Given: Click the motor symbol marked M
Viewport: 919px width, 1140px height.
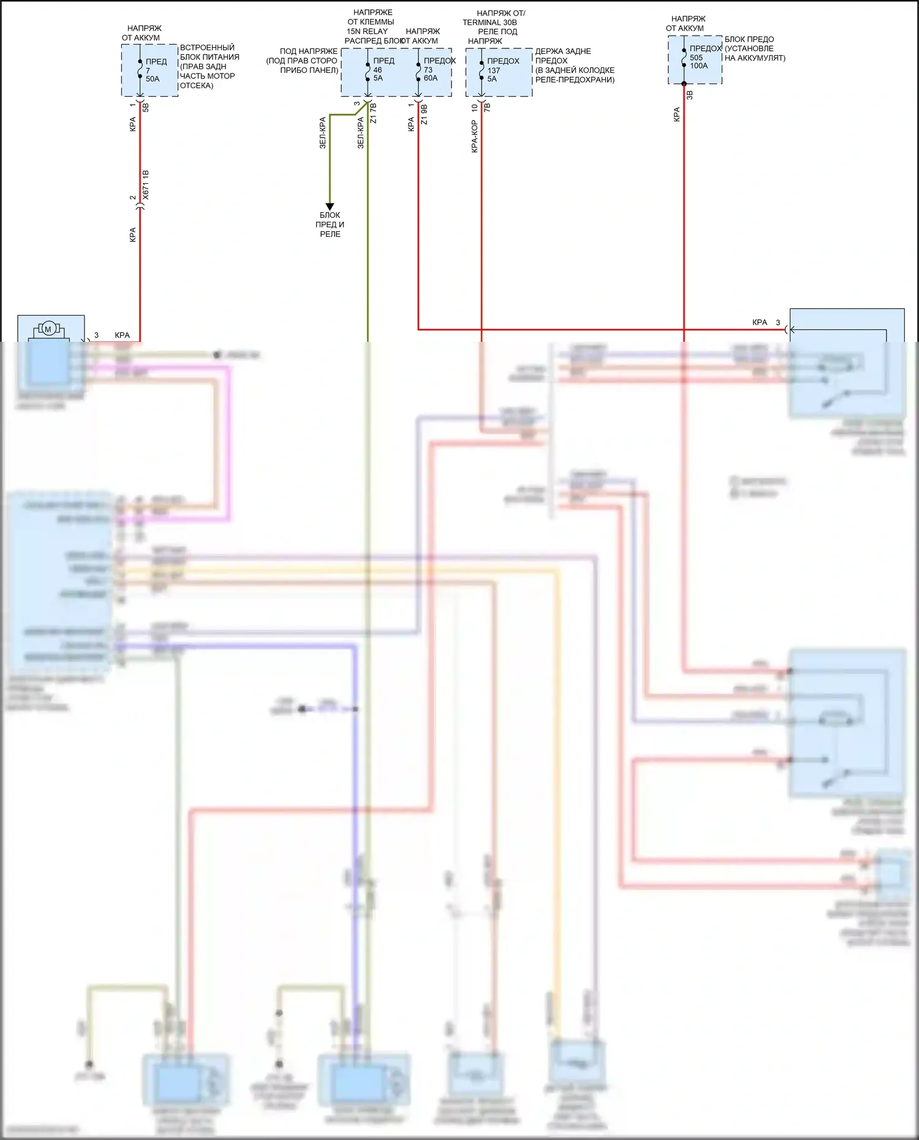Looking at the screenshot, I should (x=48, y=330).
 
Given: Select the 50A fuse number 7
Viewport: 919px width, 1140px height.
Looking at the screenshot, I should (x=140, y=70).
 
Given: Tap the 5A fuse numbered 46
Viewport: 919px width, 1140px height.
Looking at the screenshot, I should (x=368, y=70).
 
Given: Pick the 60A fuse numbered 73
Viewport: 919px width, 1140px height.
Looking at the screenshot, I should (x=418, y=70).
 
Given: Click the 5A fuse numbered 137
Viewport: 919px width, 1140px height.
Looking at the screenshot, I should (x=482, y=70).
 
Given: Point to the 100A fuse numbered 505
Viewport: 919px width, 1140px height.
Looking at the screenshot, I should (x=684, y=58).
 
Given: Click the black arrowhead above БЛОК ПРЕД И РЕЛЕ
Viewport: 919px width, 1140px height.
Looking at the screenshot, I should (x=330, y=206).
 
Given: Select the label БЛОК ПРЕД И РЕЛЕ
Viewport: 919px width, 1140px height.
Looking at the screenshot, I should (x=330, y=224).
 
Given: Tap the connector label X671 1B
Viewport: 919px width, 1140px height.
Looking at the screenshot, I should (x=146, y=185).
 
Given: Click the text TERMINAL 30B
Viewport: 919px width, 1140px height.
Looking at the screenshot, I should (x=490, y=23).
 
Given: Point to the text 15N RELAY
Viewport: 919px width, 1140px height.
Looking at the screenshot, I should (x=368, y=31).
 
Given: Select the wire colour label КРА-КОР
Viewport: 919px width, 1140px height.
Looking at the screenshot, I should (x=475, y=136).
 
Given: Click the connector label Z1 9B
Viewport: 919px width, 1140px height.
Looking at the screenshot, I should (x=425, y=114).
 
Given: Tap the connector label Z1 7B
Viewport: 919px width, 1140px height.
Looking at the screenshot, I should (x=374, y=114).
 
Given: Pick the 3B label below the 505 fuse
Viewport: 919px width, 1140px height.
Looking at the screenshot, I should (x=690, y=95).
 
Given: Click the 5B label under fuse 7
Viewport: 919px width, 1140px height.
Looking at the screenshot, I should (x=146, y=107).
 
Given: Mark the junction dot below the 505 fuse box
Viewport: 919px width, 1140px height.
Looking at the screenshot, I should (x=684, y=84).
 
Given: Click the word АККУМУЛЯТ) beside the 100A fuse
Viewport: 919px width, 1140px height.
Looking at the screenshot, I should (x=755, y=58).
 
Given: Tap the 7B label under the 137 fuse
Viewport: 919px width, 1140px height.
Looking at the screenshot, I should (x=488, y=107).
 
